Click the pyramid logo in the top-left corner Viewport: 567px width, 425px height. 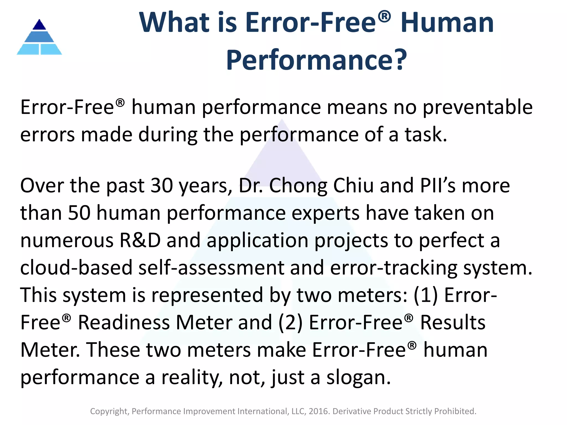pyautogui.click(x=39, y=37)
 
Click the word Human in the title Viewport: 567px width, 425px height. pyautogui.click(x=447, y=23)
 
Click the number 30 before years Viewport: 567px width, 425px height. pyautogui.click(x=162, y=186)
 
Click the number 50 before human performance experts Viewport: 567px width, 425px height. pyautogui.click(x=79, y=213)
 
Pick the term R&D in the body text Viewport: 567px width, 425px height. pyautogui.click(x=140, y=240)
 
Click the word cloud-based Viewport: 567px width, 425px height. pyautogui.click(x=76, y=268)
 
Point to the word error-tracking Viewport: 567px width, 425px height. pyautogui.click(x=393, y=268)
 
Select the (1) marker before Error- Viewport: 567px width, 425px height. pyautogui.click(x=426, y=295)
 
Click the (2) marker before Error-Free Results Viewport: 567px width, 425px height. pyautogui.click(x=290, y=323)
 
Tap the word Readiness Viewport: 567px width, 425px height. pyautogui.click(x=124, y=323)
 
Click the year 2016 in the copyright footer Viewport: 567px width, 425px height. pyautogui.click(x=319, y=411)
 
